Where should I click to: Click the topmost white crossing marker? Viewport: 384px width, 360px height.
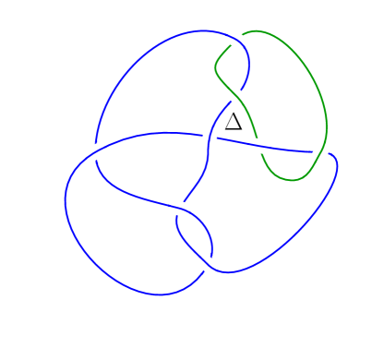click(235, 39)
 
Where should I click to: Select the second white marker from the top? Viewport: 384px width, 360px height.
click(235, 95)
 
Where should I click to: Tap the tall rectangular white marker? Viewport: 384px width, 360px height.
click(210, 139)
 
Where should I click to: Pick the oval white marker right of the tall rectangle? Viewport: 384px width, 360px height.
click(258, 146)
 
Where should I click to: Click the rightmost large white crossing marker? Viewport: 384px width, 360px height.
click(320, 151)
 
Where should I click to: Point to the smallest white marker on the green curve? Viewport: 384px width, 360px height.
click(296, 179)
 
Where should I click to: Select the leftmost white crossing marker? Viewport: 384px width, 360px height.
click(95, 151)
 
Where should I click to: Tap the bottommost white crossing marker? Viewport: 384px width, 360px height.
click(208, 265)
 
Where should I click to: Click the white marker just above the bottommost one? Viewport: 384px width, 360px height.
click(179, 209)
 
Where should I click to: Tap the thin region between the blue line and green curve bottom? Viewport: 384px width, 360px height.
click(291, 159)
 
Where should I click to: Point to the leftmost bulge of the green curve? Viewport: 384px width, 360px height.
click(216, 66)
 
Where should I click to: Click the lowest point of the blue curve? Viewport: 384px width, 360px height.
click(159, 295)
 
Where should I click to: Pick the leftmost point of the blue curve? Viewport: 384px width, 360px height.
click(65, 198)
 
